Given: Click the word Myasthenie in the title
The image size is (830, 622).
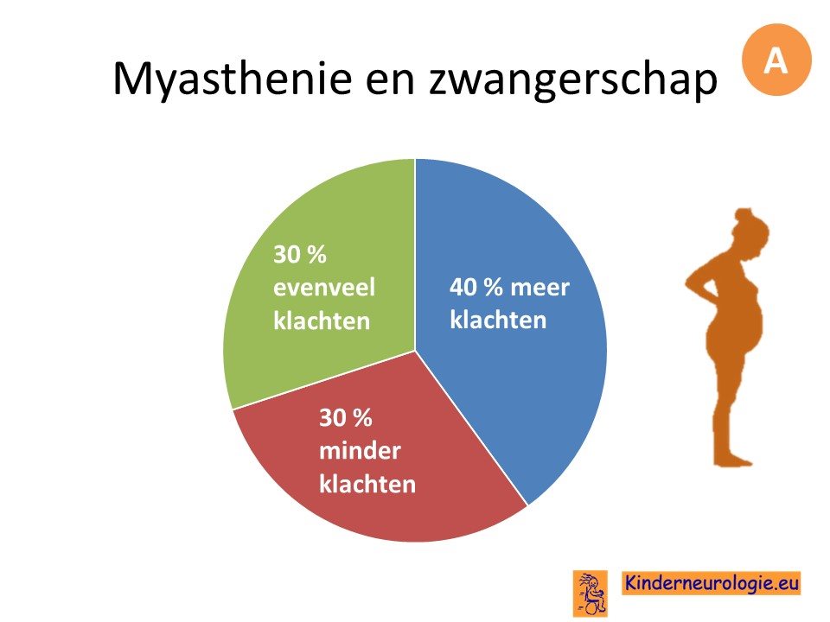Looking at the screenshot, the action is pos(232,79).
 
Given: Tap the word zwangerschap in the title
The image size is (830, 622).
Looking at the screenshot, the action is pos(573,79).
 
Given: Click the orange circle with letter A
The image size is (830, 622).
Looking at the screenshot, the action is pos(776,60).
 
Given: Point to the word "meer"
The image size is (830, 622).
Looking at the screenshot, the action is pos(539,288).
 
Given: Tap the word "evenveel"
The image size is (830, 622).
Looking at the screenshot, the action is pos(324,288).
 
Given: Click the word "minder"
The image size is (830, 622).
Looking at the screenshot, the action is pos(360,451).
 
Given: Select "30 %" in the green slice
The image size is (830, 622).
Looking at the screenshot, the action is pos(300,254).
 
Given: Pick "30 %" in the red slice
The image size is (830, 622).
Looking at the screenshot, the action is pos(346,418).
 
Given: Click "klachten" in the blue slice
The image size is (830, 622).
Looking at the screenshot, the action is pos(498,320).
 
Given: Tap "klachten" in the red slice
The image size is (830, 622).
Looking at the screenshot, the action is pos(367,484).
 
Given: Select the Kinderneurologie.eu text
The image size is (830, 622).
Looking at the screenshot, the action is pos(711,583).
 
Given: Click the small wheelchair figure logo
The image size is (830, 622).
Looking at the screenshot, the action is pos(591,593).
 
